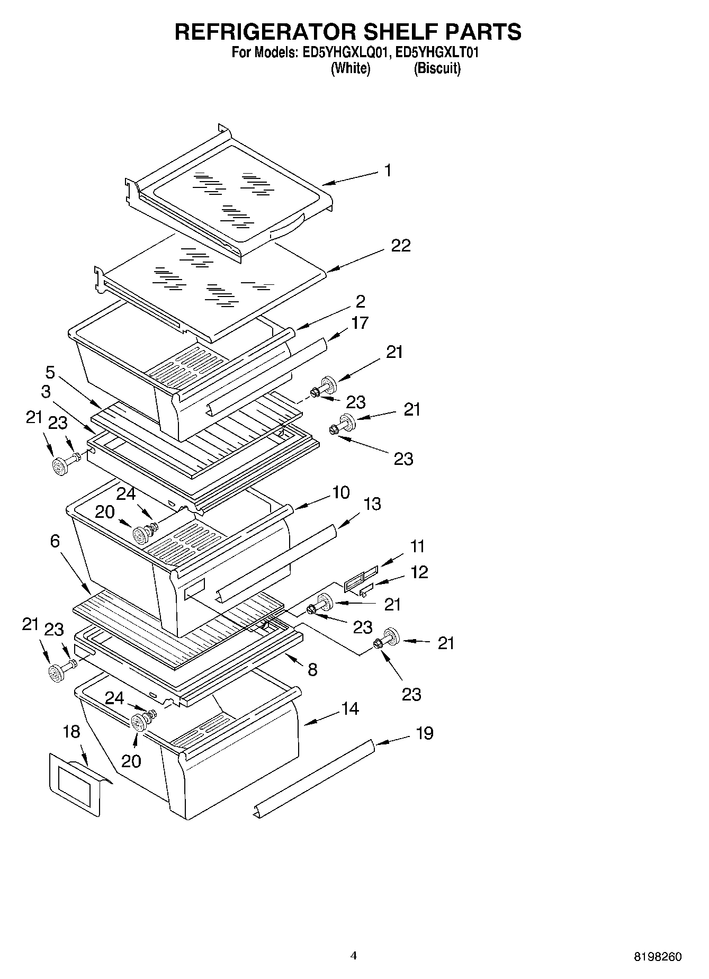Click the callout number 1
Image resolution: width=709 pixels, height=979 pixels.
[388, 170]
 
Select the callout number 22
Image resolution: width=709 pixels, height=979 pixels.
[401, 246]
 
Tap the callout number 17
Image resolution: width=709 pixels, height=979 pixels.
[360, 322]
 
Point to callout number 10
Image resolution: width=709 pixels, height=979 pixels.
[341, 492]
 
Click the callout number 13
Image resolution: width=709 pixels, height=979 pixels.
[372, 504]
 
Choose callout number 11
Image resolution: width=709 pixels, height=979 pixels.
[417, 546]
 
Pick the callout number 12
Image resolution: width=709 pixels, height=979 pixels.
[419, 572]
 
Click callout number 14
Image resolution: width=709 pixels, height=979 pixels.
[350, 708]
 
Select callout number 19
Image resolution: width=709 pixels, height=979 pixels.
[425, 733]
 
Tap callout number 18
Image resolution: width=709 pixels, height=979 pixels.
[71, 732]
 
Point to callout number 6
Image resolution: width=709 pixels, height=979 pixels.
[55, 541]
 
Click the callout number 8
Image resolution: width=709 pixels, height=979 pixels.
[312, 670]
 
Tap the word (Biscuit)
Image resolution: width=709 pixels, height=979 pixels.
[437, 68]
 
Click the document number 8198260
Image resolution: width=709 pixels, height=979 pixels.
[658, 957]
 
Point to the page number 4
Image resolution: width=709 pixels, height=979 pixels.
[354, 956]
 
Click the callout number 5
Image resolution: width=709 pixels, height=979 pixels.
[50, 372]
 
